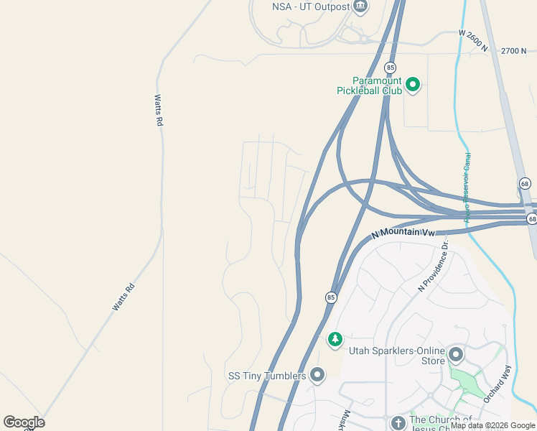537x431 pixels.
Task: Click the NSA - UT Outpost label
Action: [311, 7]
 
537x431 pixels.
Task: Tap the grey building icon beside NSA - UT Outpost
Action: [360, 7]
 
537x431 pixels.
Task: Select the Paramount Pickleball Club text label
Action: [370, 85]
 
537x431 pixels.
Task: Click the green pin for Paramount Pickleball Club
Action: [413, 85]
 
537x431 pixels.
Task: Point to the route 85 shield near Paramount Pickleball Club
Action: [390, 68]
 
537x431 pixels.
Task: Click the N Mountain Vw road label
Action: [403, 233]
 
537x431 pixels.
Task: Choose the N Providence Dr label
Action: [433, 267]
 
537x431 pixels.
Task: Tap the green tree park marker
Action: [335, 339]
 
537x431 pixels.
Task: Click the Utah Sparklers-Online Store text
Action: [396, 356]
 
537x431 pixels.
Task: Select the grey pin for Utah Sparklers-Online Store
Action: [456, 354]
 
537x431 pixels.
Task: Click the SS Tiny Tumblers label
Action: [267, 376]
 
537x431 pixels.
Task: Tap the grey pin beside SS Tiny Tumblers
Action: [317, 375]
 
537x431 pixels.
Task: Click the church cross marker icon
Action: [398, 422]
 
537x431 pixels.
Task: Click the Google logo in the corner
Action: [24, 422]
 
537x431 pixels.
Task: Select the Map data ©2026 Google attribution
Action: [492, 425]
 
